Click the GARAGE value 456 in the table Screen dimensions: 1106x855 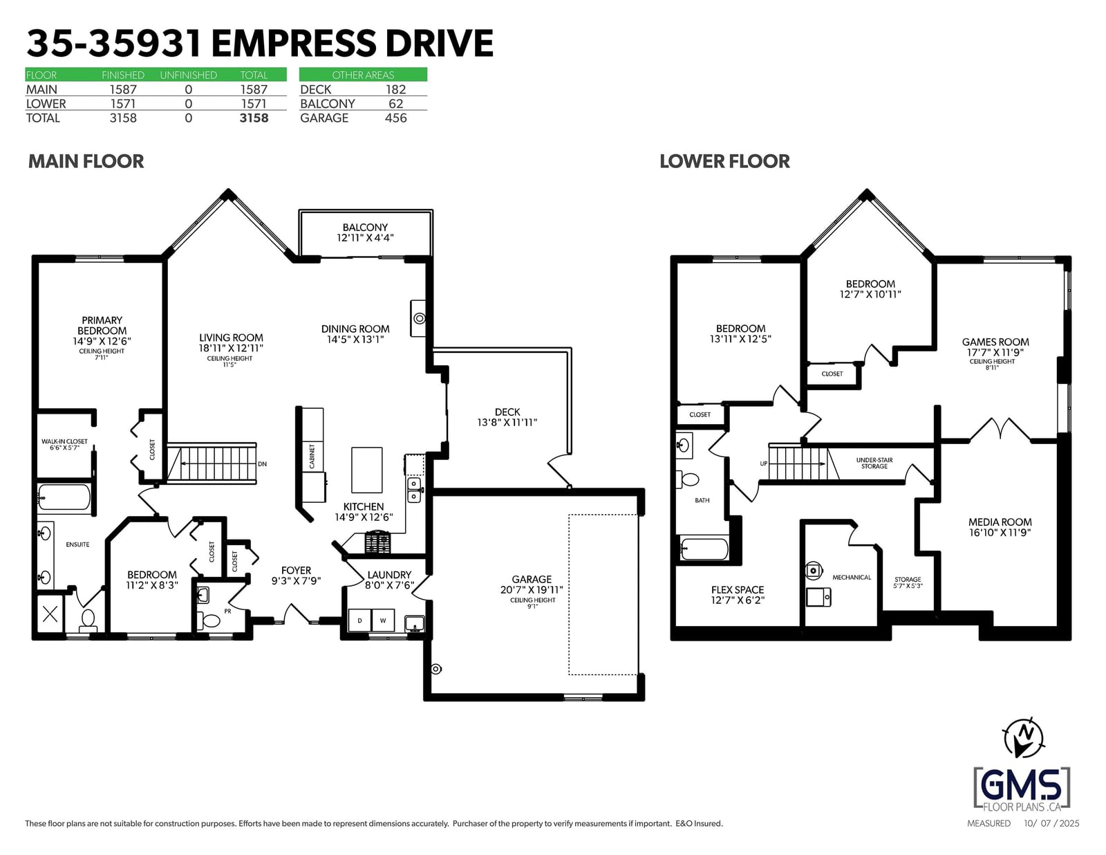(395, 118)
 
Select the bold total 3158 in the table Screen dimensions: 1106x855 (254, 118)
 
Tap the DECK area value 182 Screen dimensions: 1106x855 (395, 90)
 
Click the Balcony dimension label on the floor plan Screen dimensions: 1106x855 (365, 232)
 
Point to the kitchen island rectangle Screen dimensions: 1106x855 (366, 470)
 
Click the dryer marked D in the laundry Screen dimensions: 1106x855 (359, 620)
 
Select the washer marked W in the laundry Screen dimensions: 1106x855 (383, 620)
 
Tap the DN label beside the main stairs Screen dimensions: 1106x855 (262, 464)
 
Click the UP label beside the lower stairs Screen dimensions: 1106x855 (763, 463)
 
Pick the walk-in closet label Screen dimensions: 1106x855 (65, 445)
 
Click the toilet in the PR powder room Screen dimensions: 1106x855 (209, 620)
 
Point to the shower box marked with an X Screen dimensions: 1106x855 (50, 614)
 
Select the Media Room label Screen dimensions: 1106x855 (1000, 527)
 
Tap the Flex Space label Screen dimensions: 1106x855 (738, 595)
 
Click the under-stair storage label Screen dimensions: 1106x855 (874, 463)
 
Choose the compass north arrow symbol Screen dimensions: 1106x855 (1023, 737)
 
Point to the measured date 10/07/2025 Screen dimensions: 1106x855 (1051, 823)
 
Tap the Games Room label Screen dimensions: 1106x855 (995, 347)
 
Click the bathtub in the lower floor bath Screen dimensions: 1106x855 (704, 549)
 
